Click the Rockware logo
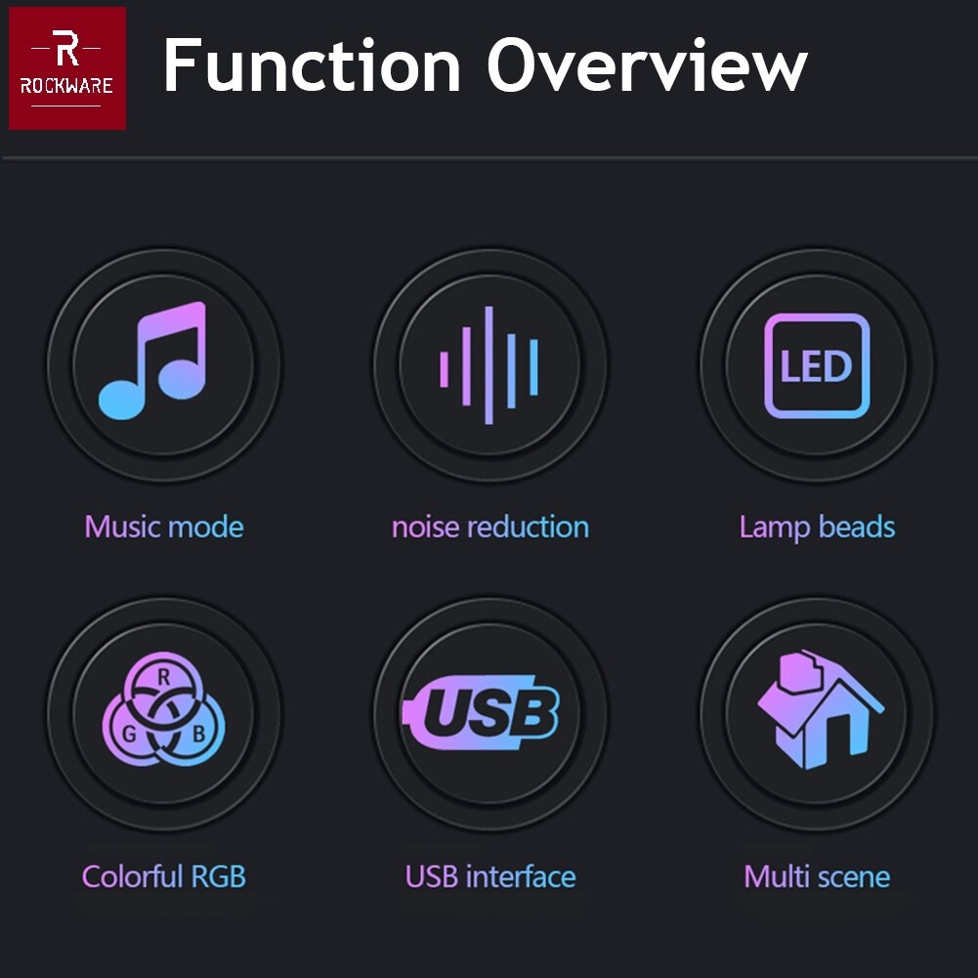[x=67, y=67]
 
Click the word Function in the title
[x=311, y=66]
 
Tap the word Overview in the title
[x=647, y=66]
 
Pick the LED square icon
[x=817, y=366]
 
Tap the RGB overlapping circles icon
[x=163, y=711]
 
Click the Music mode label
[x=163, y=528]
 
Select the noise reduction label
[x=489, y=528]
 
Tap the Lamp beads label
[x=817, y=528]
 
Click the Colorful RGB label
[x=163, y=876]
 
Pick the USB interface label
[x=489, y=876]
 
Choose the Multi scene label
[x=817, y=876]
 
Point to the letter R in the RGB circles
[x=164, y=676]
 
